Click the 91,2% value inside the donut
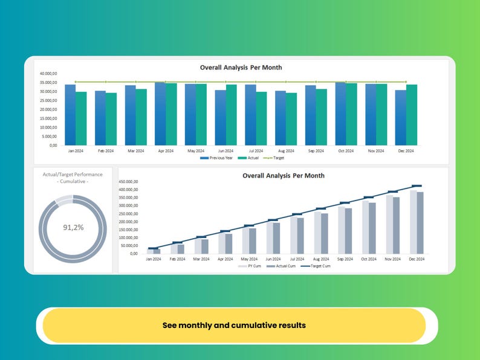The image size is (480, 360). tap(73, 228)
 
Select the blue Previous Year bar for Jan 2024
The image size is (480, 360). tap(70, 115)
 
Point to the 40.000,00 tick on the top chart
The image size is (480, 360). tap(48, 74)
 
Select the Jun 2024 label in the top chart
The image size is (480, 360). tap(225, 150)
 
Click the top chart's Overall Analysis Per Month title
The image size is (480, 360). tap(241, 68)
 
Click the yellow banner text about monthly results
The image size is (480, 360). tap(234, 325)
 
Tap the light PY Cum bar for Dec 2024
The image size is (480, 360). tap(414, 222)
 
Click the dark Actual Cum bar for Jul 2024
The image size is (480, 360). tap(300, 236)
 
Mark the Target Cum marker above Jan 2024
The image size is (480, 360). tap(153, 248)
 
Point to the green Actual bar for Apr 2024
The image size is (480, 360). tap(172, 114)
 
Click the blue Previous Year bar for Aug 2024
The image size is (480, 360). tap(280, 118)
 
